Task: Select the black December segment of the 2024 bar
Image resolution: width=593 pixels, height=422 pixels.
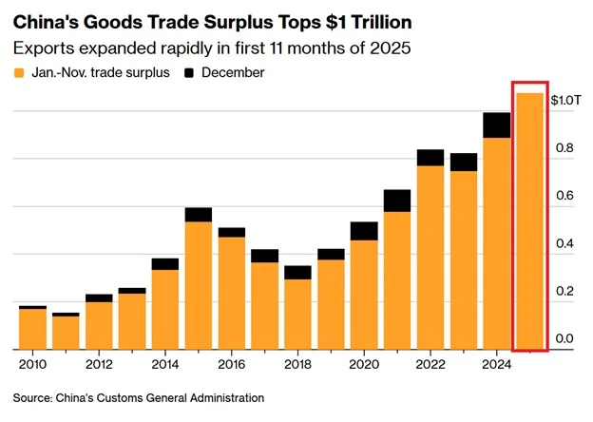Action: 496,125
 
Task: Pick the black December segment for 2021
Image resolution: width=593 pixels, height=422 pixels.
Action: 397,200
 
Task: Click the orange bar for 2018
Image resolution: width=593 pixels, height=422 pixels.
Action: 297,314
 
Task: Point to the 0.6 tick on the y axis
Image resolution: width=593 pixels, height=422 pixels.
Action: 564,196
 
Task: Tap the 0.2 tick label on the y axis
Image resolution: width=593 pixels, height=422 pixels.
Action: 564,292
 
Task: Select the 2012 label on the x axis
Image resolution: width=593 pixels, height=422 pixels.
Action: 99,362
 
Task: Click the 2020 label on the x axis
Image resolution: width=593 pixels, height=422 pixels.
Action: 364,362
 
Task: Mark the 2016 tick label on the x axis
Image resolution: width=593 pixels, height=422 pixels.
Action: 231,362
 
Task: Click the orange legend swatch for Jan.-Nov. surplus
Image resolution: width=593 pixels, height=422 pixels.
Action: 20,72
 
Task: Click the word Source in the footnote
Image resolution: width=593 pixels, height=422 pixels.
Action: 34,397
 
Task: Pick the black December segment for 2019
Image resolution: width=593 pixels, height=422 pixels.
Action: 331,254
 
